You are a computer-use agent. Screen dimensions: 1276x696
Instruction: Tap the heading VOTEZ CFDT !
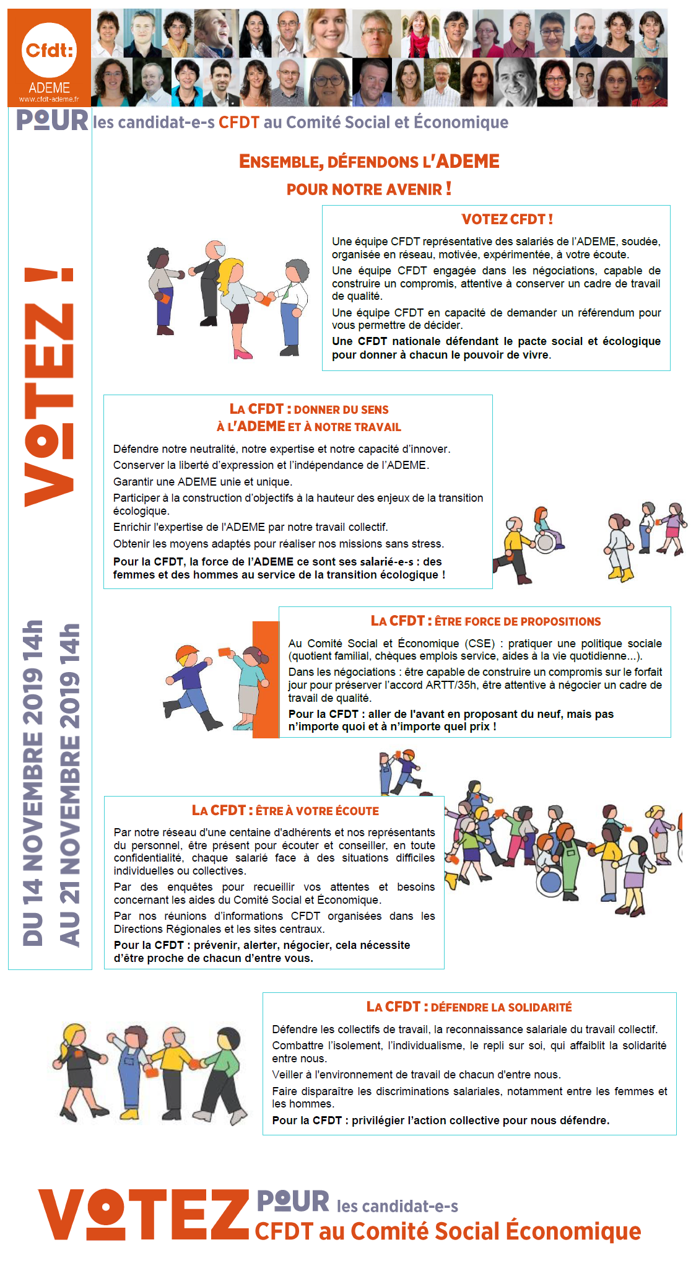(507, 219)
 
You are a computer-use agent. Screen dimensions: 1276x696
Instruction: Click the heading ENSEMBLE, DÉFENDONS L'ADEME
(369, 162)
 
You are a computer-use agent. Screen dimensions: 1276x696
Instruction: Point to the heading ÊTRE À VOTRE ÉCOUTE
(285, 811)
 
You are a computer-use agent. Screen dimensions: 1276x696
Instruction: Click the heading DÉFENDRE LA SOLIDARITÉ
(469, 1007)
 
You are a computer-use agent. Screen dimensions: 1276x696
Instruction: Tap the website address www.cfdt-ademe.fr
(49, 99)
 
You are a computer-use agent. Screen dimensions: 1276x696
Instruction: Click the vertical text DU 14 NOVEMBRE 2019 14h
(33, 783)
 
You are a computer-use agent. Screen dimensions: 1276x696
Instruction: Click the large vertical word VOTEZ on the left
(49, 387)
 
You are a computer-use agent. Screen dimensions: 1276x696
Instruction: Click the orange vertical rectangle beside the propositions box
(266, 679)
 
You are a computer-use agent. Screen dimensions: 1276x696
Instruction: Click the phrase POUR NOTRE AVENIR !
(369, 189)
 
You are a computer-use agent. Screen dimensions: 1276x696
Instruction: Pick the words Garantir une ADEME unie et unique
(202, 482)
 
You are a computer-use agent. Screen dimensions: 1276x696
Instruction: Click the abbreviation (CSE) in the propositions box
(481, 644)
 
